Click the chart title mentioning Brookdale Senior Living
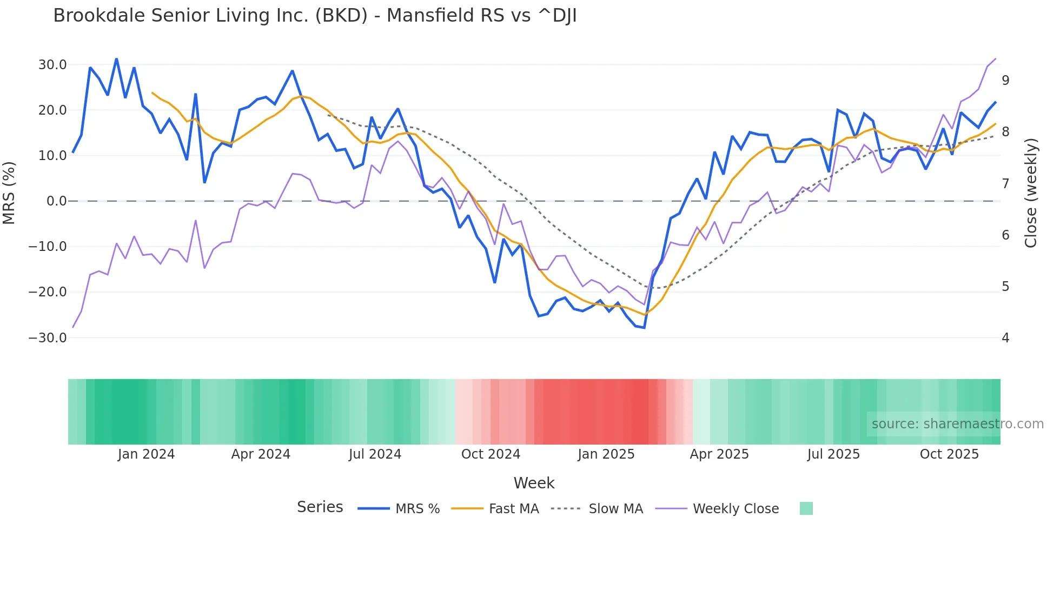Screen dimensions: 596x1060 click(x=315, y=16)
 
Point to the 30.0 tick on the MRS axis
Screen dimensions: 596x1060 click(x=52, y=65)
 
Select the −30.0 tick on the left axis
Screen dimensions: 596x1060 click(x=48, y=338)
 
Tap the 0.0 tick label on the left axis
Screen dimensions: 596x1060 click(x=57, y=201)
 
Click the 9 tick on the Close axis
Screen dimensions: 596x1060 click(x=1005, y=81)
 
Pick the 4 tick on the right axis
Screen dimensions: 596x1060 click(x=1005, y=338)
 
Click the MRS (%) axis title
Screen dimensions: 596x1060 click(x=9, y=193)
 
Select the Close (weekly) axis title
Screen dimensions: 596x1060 click(x=1031, y=193)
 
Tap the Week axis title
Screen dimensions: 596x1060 click(x=534, y=483)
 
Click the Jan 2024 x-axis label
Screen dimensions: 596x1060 click(x=146, y=454)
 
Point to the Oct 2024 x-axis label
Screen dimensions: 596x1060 click(x=491, y=454)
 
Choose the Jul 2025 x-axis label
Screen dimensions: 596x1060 click(x=833, y=454)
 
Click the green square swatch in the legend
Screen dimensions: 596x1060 click(x=806, y=508)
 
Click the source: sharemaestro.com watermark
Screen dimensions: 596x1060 click(x=957, y=424)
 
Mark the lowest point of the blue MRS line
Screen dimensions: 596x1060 click(x=644, y=327)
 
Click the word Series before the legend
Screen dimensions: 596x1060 click(x=320, y=507)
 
